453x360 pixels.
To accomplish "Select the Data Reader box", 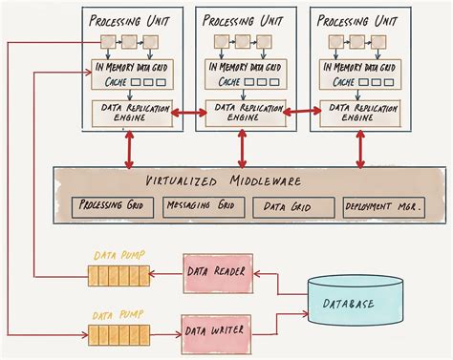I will pos(217,272).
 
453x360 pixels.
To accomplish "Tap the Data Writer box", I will pos(217,330).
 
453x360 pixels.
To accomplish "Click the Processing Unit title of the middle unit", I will pos(241,17).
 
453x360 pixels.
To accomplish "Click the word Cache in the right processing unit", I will pos(341,83).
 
